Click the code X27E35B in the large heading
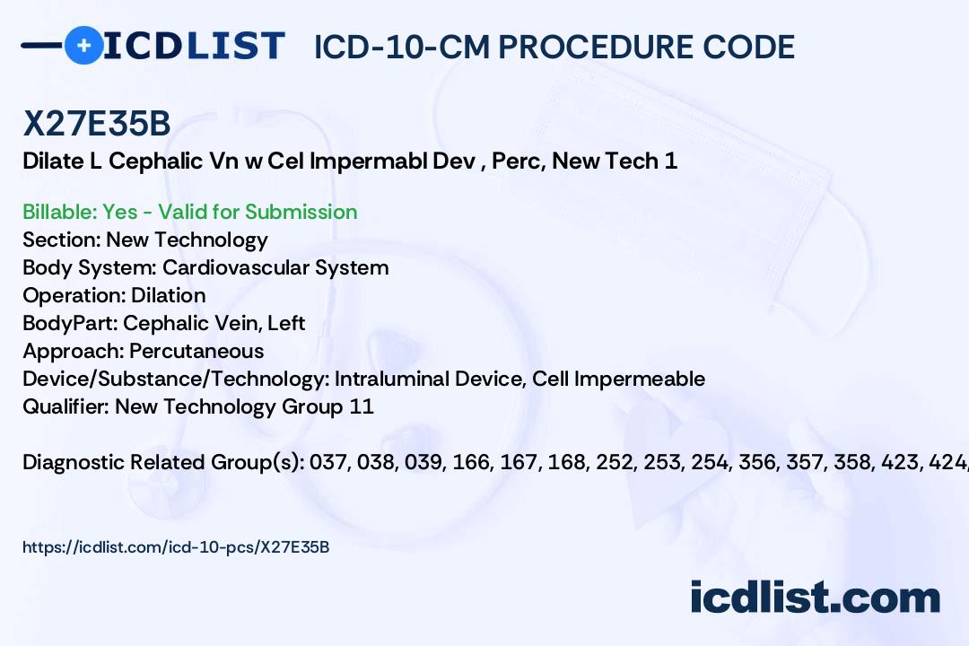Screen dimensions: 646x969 [96, 125]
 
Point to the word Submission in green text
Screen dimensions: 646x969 [301, 212]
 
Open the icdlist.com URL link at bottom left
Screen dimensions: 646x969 [176, 546]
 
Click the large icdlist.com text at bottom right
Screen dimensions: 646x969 [815, 597]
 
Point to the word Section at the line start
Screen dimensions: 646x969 [60, 240]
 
